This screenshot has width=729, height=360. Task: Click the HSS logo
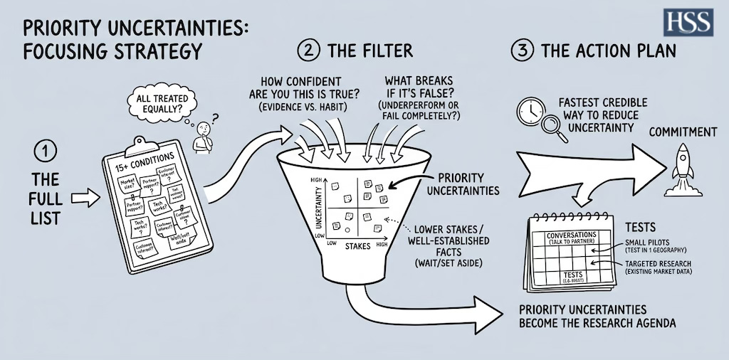688,22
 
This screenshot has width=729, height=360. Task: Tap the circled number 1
44,152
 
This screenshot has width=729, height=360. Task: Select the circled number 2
308,51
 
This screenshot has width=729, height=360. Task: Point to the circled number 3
521,52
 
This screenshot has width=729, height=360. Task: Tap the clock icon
530,112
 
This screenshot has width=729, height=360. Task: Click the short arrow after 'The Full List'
85,198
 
